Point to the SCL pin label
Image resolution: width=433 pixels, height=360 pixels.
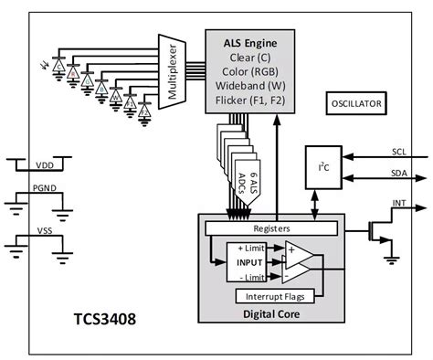[x=398, y=152]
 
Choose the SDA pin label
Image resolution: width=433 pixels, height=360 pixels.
[x=398, y=172]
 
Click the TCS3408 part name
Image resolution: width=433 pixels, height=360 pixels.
[x=108, y=322]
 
